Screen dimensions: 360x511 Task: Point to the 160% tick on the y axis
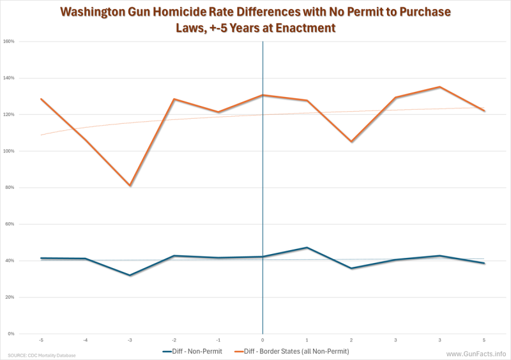10,41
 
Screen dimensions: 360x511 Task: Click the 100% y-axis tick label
10,151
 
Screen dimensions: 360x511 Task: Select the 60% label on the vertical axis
10,225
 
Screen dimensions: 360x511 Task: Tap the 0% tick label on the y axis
11,334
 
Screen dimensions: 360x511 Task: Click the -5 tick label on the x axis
41,340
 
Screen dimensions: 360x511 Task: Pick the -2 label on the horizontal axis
174,340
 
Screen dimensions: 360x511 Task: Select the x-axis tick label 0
263,340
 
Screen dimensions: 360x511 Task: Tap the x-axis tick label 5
484,340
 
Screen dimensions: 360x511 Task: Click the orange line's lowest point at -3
130,186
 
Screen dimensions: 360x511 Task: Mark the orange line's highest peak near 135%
440,87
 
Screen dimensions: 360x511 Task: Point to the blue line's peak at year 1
307,248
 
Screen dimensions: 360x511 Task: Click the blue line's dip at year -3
130,275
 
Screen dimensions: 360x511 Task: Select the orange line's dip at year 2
351,142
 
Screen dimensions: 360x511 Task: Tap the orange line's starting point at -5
41,99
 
